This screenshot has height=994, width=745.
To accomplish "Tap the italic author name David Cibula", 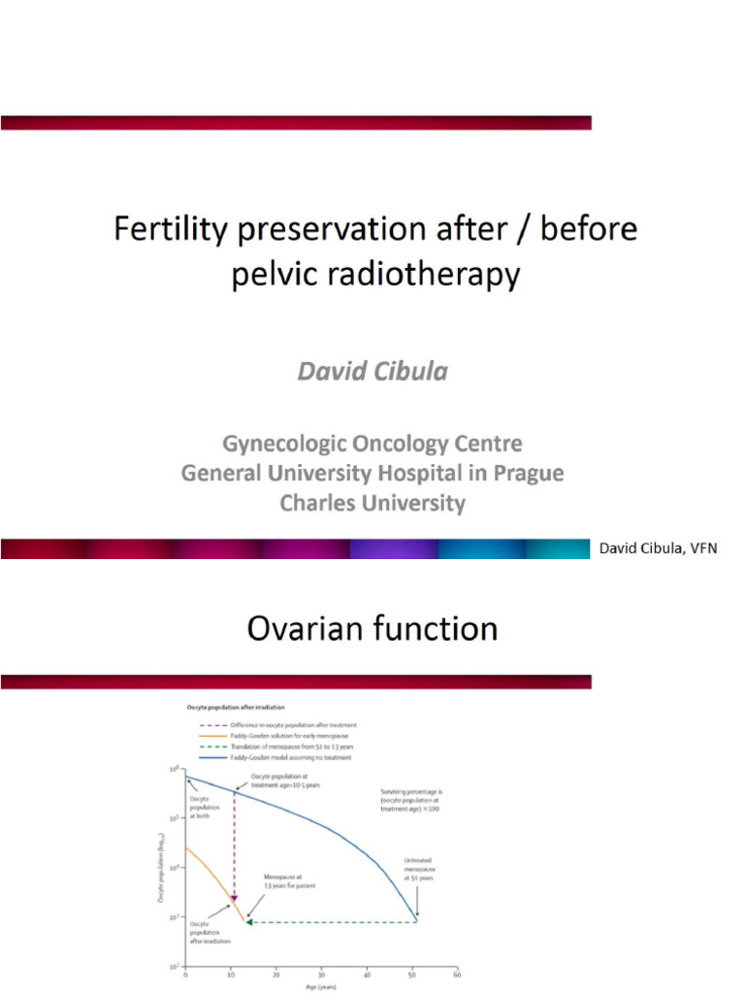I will [x=372, y=373].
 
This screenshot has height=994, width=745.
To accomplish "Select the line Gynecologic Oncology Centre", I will [x=372, y=444].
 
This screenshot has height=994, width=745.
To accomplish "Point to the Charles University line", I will [x=372, y=504].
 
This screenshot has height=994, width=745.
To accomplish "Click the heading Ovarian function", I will [x=372, y=629].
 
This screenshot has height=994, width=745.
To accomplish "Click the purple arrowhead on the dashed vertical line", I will [x=233, y=898].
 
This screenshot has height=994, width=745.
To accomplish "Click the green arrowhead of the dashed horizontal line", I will [x=249, y=921].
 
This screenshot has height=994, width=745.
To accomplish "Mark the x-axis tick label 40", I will [x=367, y=974].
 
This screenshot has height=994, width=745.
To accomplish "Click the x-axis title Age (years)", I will [x=321, y=988].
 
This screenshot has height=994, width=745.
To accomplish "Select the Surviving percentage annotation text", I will [x=409, y=800].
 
